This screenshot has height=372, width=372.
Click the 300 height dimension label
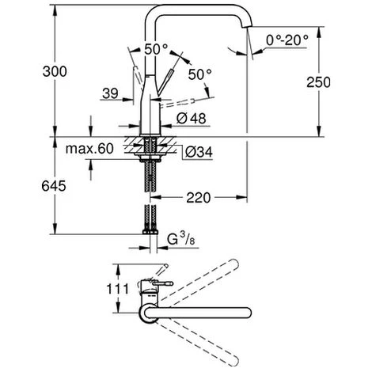[55, 71]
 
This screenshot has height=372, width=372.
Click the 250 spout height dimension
[318, 82]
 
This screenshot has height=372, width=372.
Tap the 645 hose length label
[54, 186]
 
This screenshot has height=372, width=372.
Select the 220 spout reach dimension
[199, 198]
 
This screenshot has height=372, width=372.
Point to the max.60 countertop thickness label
[89, 149]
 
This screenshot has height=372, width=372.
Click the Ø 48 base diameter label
[191, 119]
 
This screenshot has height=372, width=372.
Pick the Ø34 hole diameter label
[199, 152]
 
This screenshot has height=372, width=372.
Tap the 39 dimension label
[110, 93]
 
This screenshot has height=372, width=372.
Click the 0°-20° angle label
[287, 40]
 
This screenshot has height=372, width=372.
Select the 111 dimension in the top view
[118, 289]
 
